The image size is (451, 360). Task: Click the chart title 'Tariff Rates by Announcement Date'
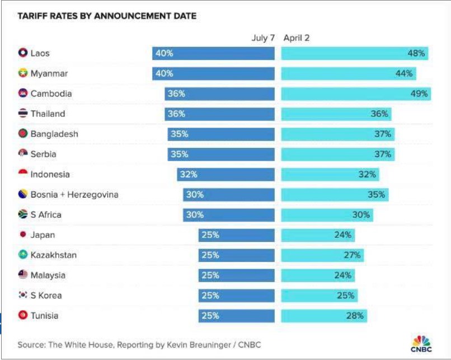107,16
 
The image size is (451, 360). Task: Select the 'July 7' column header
263,38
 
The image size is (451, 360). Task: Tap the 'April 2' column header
297,38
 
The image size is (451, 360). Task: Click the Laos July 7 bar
213,54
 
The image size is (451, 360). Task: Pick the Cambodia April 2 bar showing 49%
355,94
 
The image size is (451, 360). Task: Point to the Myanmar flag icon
23,73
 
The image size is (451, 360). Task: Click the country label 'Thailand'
48,114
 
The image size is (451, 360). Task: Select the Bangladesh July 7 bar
221,134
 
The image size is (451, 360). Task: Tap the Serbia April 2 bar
338,155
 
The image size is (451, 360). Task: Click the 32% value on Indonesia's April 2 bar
367,175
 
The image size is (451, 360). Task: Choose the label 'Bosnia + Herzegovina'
74,195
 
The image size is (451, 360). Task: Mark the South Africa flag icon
23,215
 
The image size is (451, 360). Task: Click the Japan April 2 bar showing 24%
318,235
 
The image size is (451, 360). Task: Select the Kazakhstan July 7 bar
236,255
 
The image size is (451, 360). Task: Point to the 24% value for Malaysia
343,275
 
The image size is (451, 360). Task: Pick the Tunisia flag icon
23,316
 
